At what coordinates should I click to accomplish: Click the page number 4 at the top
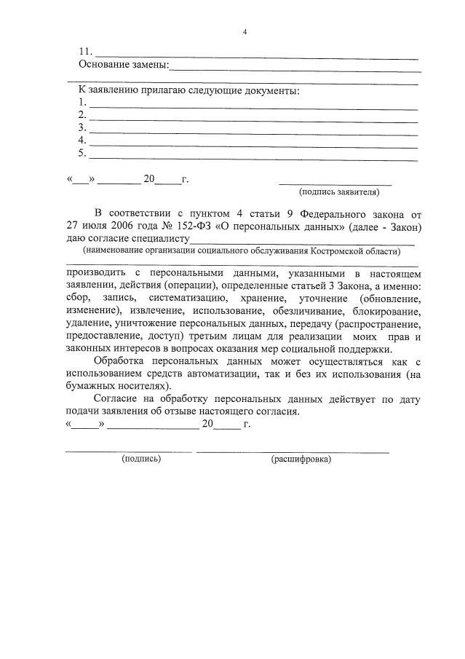pyautogui.click(x=245, y=31)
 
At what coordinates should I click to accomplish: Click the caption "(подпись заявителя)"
pyautogui.click(x=338, y=193)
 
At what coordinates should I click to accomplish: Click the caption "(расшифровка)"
pyautogui.click(x=301, y=459)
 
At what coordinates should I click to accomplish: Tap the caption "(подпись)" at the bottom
pyautogui.click(x=142, y=459)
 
